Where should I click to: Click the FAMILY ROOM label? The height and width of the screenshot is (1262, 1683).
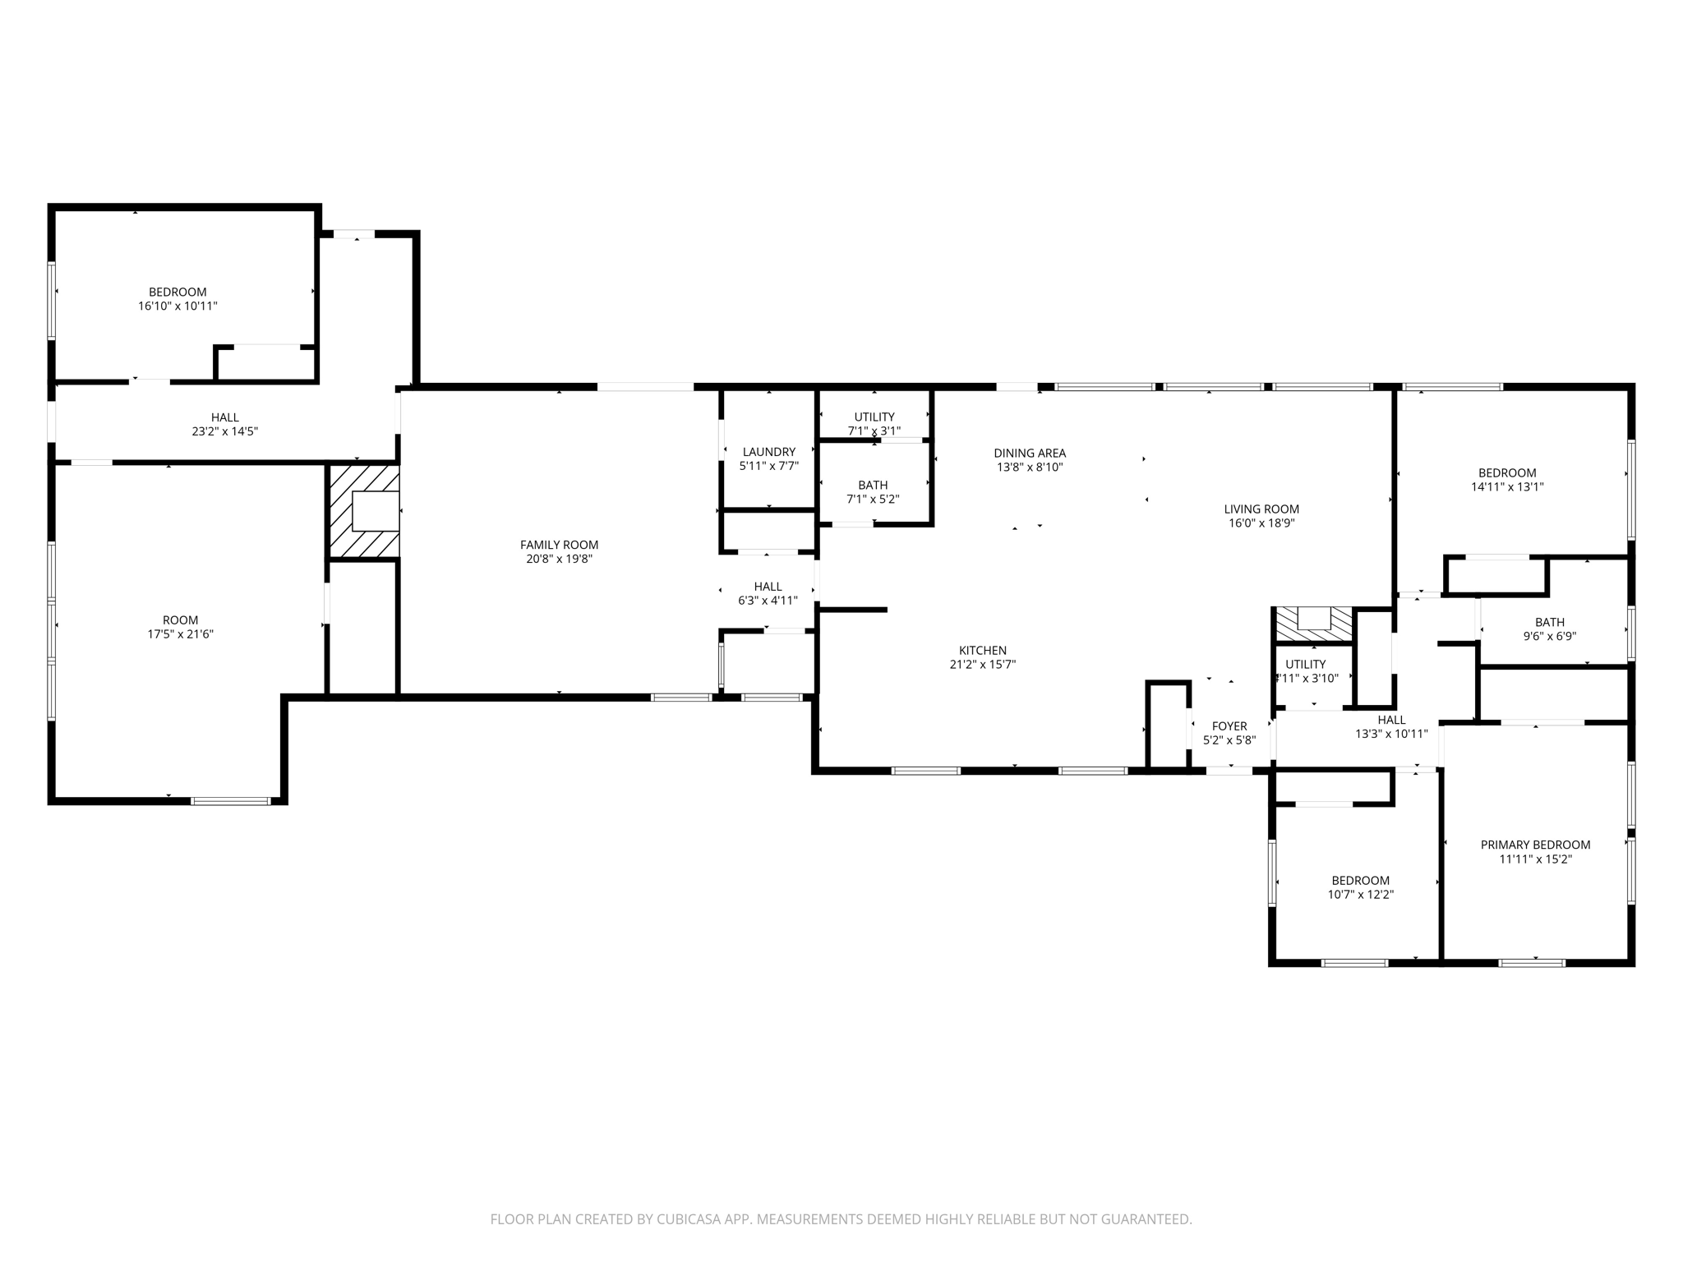(x=559, y=545)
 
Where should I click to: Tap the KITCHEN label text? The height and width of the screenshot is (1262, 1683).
(x=982, y=651)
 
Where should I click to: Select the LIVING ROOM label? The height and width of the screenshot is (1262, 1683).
(x=1261, y=509)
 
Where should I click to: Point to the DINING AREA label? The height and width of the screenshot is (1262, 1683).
(x=1029, y=453)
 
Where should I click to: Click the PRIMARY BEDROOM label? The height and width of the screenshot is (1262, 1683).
(x=1535, y=845)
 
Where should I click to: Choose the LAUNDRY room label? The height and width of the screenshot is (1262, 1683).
(x=768, y=452)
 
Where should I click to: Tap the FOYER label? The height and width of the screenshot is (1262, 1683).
(x=1229, y=726)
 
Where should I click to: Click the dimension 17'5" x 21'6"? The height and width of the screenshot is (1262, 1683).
(x=181, y=634)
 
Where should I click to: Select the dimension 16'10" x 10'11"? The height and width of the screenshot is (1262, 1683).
(x=178, y=306)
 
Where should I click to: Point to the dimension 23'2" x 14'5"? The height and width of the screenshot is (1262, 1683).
(x=224, y=431)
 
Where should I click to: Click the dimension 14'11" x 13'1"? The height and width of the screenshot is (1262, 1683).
(x=1507, y=486)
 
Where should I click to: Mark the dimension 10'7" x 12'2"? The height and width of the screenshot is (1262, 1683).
(x=1360, y=895)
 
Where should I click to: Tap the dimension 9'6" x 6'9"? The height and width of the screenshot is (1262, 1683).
(x=1549, y=636)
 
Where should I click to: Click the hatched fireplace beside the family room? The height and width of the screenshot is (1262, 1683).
(x=364, y=511)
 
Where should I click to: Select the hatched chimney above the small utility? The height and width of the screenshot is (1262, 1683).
(x=1312, y=624)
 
